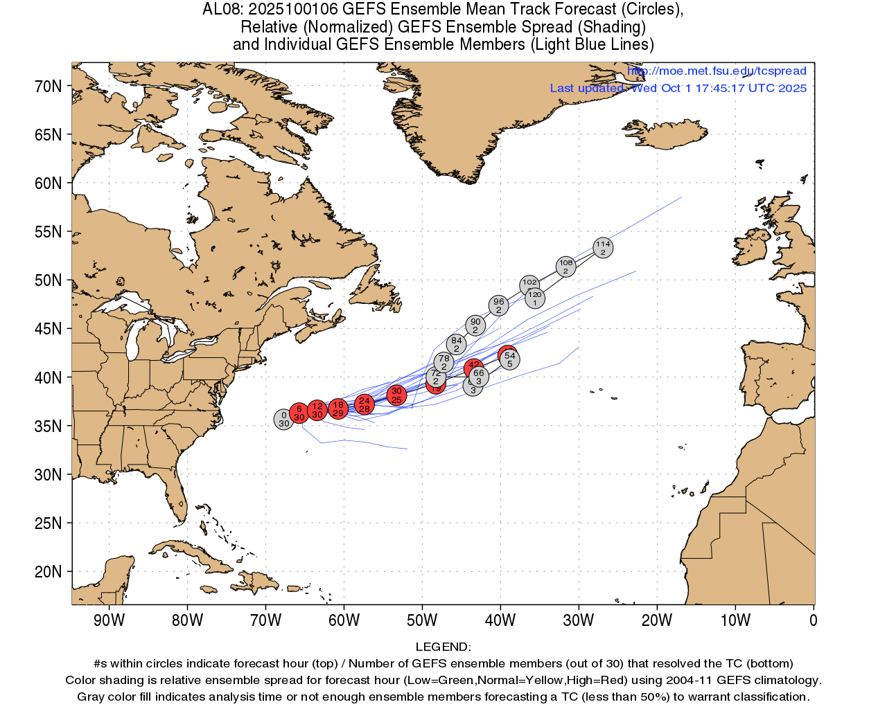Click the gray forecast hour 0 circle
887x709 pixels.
pyautogui.click(x=283, y=420)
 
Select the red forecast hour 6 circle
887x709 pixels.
pyautogui.click(x=299, y=413)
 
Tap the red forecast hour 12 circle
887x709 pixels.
pyautogui.click(x=317, y=410)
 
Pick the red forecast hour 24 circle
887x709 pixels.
pyautogui.click(x=365, y=404)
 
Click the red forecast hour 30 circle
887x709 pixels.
pyautogui.click(x=396, y=395)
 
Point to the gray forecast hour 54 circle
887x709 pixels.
pyautogui.click(x=510, y=359)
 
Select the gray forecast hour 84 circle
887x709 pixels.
pyautogui.click(x=456, y=344)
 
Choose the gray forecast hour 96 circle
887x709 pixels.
pyautogui.click(x=498, y=305)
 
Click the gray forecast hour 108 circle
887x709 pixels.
pyautogui.click(x=565, y=267)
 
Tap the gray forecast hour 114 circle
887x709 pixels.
pyautogui.click(x=603, y=248)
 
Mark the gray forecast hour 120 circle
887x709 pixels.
pyautogui.click(x=535, y=298)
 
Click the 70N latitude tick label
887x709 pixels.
pyautogui.click(x=49, y=87)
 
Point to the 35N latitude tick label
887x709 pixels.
pyautogui.click(x=49, y=427)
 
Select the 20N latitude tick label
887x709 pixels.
pyautogui.click(x=49, y=572)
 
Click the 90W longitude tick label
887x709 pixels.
pyautogui.click(x=109, y=620)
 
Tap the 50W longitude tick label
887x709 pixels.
pyautogui.click(x=422, y=620)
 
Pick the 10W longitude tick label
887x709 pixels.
pyautogui.click(x=735, y=620)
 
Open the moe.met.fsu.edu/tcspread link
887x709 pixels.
pyautogui.click(x=717, y=71)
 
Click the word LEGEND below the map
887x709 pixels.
pyautogui.click(x=443, y=647)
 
